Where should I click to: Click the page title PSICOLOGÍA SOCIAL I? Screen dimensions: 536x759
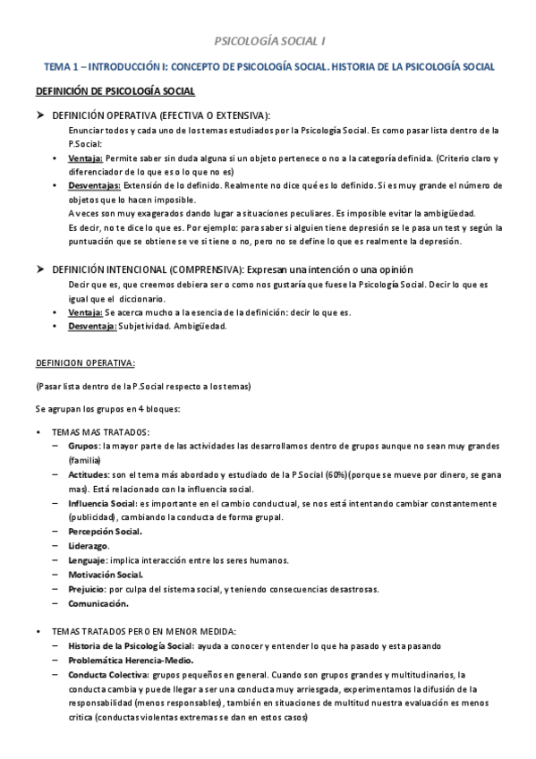[x=268, y=41]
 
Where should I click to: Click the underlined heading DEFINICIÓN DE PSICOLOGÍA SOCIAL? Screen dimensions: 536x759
[x=115, y=91]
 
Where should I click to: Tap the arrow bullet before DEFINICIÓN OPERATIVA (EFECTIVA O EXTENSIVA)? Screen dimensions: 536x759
[x=39, y=115]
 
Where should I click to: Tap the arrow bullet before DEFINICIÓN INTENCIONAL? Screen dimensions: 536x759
[x=39, y=269]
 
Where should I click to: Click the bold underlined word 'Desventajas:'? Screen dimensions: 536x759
[x=93, y=185]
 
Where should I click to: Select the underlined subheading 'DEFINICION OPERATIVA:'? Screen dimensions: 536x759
[x=85, y=362]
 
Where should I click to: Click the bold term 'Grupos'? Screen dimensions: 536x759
[x=83, y=445]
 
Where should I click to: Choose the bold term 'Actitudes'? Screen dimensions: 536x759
[x=89, y=473]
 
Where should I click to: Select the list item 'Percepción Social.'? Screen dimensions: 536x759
[x=106, y=531]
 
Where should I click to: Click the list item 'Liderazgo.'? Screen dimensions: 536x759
[x=88, y=545]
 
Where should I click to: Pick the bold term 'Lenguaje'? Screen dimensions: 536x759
[x=86, y=559]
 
